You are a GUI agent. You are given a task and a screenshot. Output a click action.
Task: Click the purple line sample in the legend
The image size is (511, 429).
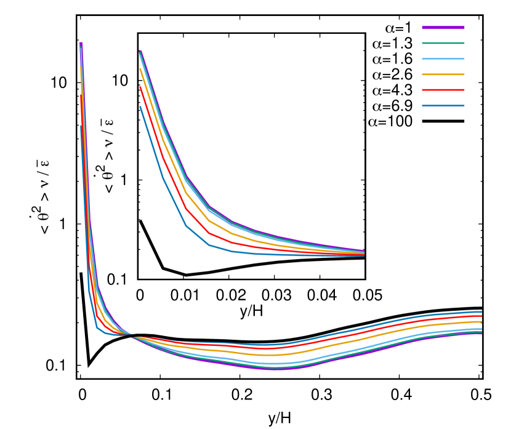(x=443, y=28)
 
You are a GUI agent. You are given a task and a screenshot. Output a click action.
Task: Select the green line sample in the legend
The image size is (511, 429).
(x=443, y=43)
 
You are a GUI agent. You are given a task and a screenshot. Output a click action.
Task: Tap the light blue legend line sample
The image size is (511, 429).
(x=443, y=59)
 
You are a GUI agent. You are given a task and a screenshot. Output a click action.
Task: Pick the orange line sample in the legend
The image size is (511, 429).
(x=443, y=74)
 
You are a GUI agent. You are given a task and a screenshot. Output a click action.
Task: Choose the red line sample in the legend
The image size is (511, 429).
(x=443, y=90)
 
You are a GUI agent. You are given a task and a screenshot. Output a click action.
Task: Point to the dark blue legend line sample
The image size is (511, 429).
(x=443, y=106)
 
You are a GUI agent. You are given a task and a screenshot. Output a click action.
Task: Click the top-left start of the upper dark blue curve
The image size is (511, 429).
(x=140, y=106)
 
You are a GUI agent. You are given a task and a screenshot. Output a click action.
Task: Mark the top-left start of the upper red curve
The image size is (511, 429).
(x=140, y=87)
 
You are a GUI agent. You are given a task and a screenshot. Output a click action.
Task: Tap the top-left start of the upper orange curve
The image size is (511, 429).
(x=140, y=69)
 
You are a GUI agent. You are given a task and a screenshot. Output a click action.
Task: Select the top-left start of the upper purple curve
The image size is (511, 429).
(x=141, y=51)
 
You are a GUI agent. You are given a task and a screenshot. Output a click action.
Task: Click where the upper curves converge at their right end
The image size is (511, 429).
(x=364, y=253)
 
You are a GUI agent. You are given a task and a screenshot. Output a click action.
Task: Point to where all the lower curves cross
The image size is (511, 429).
(x=132, y=335)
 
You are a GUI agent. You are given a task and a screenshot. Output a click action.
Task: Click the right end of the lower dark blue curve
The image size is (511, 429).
(x=481, y=312)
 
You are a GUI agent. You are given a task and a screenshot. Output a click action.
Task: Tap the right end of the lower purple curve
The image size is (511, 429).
(x=481, y=334)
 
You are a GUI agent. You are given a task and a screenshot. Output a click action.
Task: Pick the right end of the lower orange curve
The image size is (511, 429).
(x=481, y=321)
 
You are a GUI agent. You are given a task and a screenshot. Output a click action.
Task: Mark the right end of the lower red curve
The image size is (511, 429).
(x=481, y=316)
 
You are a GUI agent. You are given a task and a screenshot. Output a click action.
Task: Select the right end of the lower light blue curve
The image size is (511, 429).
(x=481, y=329)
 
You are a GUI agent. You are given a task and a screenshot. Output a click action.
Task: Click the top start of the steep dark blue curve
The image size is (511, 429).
(x=81, y=126)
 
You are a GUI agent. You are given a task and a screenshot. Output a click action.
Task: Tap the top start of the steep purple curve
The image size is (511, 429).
(x=81, y=43)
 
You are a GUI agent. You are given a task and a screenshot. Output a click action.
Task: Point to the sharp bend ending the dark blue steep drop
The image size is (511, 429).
(x=97, y=327)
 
